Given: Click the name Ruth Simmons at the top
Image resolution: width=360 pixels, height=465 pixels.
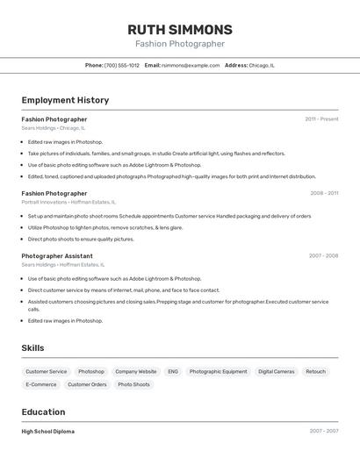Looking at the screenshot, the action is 179,29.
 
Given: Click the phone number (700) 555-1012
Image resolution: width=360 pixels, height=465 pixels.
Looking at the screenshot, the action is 121,65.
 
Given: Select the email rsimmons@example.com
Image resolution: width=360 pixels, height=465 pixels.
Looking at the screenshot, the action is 191,65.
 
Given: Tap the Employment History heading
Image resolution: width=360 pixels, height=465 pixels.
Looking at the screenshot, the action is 65,100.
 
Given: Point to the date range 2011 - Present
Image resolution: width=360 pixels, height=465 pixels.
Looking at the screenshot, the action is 321,118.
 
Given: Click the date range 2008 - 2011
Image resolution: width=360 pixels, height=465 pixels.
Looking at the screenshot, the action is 323,193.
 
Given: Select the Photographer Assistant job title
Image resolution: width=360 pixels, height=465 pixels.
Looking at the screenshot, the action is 58,255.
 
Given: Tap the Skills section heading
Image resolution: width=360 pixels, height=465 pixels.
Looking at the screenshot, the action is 32,348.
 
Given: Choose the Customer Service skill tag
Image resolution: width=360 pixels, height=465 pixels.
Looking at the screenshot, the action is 46,371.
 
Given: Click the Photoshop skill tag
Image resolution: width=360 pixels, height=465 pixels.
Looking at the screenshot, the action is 91,371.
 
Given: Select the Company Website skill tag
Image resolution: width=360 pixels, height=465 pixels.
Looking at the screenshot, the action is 136,371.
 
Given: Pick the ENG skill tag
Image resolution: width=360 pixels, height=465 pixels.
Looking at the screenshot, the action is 173,371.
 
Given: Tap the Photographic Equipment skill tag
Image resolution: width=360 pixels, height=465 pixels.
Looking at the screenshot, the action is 218,371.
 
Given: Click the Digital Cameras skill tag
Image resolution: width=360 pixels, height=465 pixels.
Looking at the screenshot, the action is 277,371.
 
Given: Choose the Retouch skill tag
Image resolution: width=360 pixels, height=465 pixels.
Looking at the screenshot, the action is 315,371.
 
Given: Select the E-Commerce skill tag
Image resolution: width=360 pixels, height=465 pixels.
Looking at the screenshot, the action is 41,384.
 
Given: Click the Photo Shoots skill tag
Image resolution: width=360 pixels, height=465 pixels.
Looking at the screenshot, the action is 133,384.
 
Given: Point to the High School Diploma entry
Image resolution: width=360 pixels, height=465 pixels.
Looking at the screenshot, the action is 48,432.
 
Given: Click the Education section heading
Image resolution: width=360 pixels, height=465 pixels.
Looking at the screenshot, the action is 43,411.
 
